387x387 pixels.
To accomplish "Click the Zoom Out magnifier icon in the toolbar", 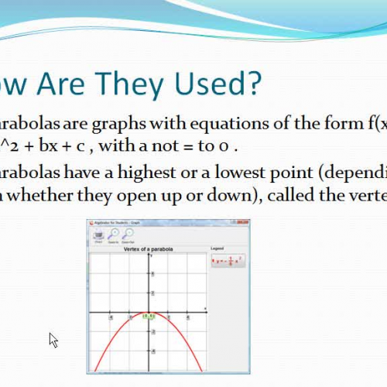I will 127,235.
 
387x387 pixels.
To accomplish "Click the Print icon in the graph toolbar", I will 98,235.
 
